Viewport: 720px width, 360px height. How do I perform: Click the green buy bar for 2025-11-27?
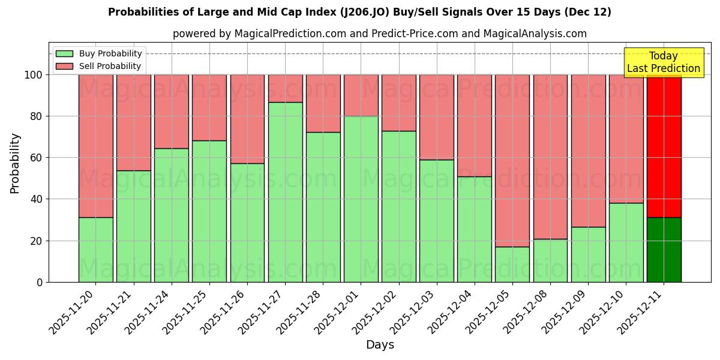[285, 192]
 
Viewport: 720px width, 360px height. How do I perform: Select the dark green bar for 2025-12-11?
[664, 250]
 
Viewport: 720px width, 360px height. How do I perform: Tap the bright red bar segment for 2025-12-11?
[664, 146]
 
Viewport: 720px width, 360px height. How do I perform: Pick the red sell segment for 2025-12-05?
[512, 161]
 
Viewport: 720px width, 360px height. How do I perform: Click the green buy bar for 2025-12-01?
[361, 199]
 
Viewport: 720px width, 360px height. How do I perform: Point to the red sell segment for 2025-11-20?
[95, 146]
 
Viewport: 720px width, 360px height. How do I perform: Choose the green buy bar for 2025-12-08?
[550, 260]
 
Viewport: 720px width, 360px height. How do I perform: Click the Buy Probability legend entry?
[99, 53]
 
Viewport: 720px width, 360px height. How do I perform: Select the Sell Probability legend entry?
[99, 66]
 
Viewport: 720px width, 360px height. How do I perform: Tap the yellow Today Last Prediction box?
[663, 62]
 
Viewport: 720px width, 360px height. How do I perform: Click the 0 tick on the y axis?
[40, 282]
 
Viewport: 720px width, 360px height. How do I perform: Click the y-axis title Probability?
[15, 163]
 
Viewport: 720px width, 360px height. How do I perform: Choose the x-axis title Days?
[380, 345]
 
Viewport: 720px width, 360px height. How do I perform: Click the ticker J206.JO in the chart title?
[363, 12]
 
